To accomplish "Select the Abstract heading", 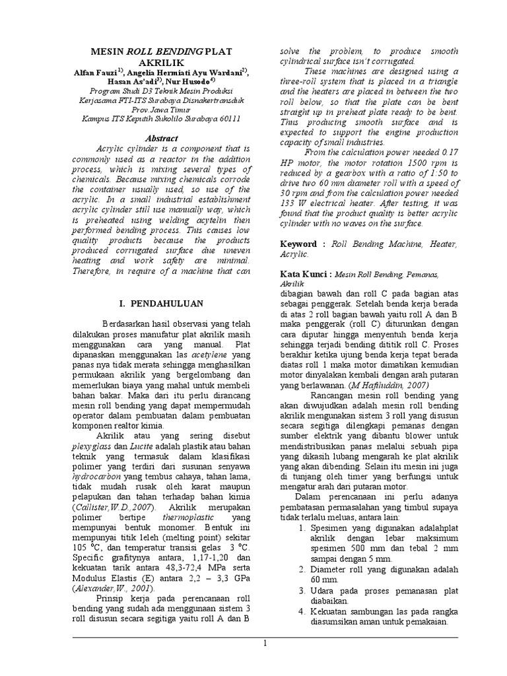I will [162, 139].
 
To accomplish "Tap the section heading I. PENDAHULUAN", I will [161, 304].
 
